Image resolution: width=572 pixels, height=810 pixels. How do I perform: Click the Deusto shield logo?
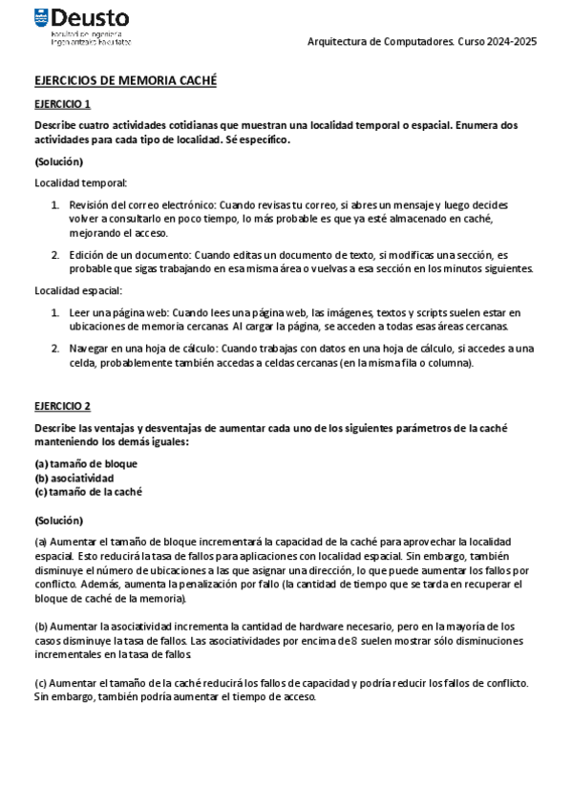tap(41, 17)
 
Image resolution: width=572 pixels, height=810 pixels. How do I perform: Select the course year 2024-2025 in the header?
tap(511, 43)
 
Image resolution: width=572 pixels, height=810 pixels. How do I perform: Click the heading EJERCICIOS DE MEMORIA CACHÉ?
tap(125, 81)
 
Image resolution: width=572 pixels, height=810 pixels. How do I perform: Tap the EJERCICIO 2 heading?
tap(63, 406)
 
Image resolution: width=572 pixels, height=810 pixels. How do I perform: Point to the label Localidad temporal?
tap(80, 182)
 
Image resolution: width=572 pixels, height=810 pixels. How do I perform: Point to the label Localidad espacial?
tap(78, 290)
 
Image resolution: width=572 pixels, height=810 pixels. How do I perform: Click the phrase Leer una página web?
tap(118, 312)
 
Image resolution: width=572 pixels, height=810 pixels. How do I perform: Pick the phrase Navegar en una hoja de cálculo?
tap(143, 348)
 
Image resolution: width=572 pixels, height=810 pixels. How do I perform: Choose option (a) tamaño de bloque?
tap(86, 463)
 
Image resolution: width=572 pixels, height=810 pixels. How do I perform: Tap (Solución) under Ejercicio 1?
tap(58, 161)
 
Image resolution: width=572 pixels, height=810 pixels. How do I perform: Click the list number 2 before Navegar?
tap(55, 348)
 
